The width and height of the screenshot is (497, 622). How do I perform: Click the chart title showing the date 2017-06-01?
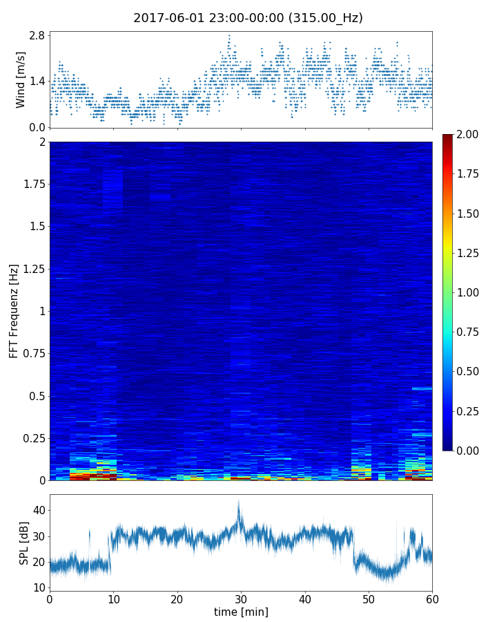[248, 18]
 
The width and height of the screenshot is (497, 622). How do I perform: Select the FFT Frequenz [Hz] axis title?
[14, 310]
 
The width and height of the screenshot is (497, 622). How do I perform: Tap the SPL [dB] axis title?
[24, 543]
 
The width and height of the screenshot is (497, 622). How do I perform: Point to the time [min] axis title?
[241, 612]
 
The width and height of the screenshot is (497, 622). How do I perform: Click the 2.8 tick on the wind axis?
[37, 35]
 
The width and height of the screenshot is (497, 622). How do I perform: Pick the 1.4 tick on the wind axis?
[37, 81]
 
